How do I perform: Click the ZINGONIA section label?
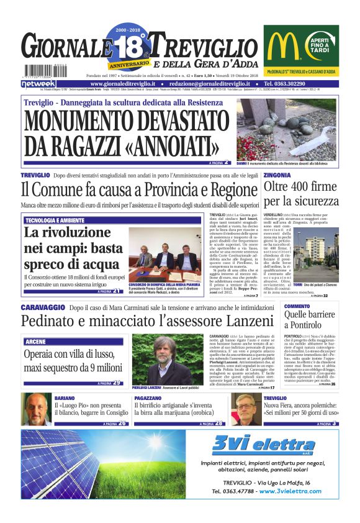279,175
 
